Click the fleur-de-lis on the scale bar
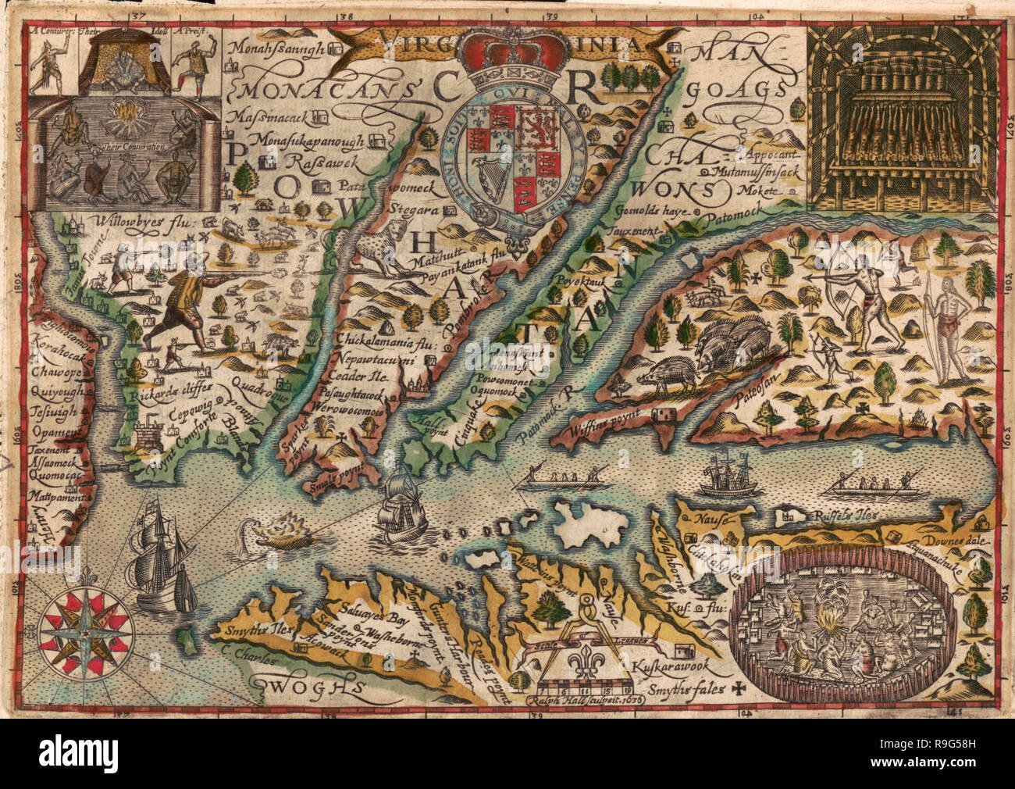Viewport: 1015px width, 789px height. click(584, 660)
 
